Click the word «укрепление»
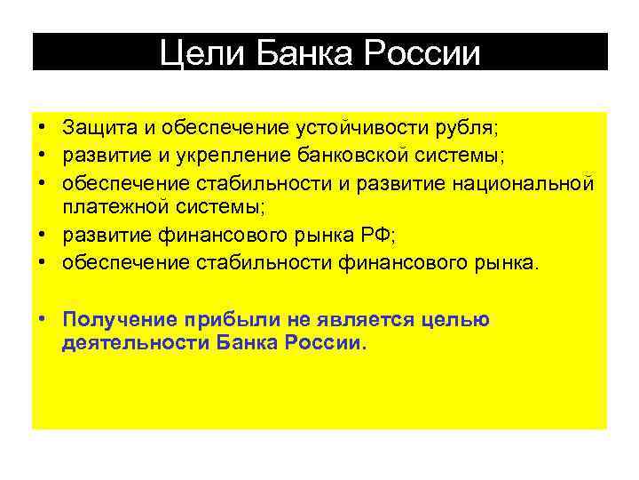tap(205, 156)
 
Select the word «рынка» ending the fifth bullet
tap(506, 264)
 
